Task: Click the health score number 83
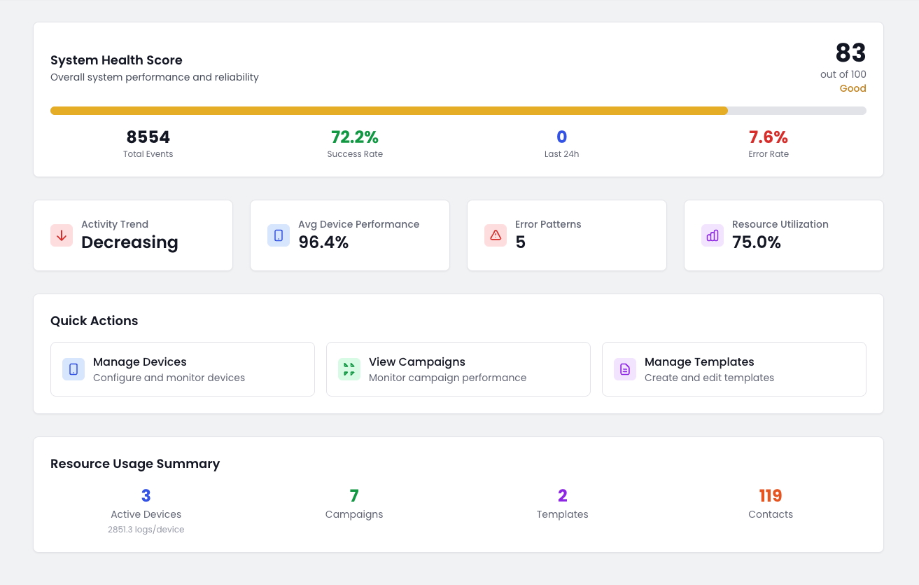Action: pyautogui.click(x=850, y=53)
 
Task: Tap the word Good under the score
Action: pyautogui.click(x=853, y=88)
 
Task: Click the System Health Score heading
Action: pyautogui.click(x=116, y=60)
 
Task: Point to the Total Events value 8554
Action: pyautogui.click(x=148, y=137)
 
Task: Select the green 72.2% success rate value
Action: pyautogui.click(x=354, y=137)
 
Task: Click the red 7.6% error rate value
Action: pyautogui.click(x=768, y=137)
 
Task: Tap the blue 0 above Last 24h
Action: pyautogui.click(x=561, y=137)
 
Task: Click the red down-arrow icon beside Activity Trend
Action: pyautogui.click(x=62, y=235)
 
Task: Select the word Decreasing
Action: pyautogui.click(x=129, y=242)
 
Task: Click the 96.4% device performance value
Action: pyautogui.click(x=323, y=242)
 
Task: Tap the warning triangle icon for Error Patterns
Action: pyautogui.click(x=496, y=235)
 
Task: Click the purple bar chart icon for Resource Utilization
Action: pyautogui.click(x=713, y=235)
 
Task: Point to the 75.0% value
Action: pyautogui.click(x=757, y=242)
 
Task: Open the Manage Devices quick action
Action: pyautogui.click(x=140, y=362)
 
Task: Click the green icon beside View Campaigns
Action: pyautogui.click(x=349, y=369)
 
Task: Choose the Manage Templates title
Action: pyautogui.click(x=699, y=362)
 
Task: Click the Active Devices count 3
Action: pyautogui.click(x=146, y=496)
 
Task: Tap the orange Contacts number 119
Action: pyautogui.click(x=770, y=496)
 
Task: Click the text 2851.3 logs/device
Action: pyautogui.click(x=146, y=530)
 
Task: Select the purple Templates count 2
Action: pyautogui.click(x=562, y=496)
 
